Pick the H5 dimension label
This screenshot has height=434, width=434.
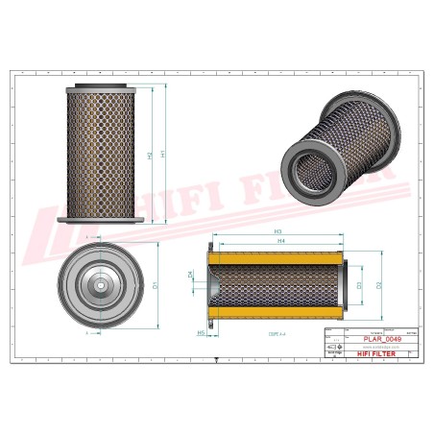pos(201,332)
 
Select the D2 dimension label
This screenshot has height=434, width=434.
pos(381,285)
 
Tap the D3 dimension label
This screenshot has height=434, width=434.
pos(359,285)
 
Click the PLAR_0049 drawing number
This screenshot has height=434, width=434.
pos(384,339)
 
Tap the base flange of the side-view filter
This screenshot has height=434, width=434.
pos(101,221)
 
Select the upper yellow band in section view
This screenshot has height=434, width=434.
pos(275,256)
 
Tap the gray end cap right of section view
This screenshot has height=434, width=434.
pos(344,285)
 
